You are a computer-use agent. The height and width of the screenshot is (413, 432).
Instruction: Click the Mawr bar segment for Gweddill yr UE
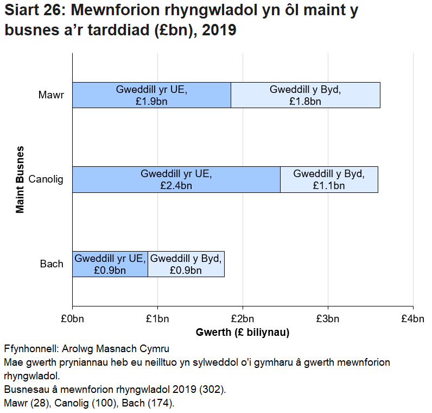point(151,95)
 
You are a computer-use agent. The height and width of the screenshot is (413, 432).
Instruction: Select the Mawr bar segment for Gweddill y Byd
point(306,95)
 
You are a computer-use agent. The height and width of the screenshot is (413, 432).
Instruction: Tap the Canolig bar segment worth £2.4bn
point(176,180)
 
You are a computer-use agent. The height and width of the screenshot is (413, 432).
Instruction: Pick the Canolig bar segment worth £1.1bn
point(329,180)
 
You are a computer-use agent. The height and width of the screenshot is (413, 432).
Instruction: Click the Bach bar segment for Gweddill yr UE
point(110,264)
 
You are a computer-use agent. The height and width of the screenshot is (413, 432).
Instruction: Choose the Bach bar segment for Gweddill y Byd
point(186,264)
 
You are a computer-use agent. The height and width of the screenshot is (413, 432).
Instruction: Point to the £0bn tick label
point(72,318)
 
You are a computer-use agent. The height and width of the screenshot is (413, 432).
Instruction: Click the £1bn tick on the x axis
point(157,318)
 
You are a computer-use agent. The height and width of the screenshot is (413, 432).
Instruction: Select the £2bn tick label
point(243,318)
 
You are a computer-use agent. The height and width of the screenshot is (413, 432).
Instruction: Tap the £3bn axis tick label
point(328,318)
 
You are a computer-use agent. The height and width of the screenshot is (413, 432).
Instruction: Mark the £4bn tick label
point(413,318)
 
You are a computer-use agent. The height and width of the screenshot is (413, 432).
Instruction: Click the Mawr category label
point(51,95)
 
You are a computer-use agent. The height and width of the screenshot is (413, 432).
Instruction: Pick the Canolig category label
point(46,180)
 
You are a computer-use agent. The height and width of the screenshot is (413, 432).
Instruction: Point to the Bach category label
point(52,264)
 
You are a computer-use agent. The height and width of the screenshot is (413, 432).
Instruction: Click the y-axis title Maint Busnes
point(20,179)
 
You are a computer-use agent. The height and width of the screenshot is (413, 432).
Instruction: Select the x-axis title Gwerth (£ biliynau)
point(243,333)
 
